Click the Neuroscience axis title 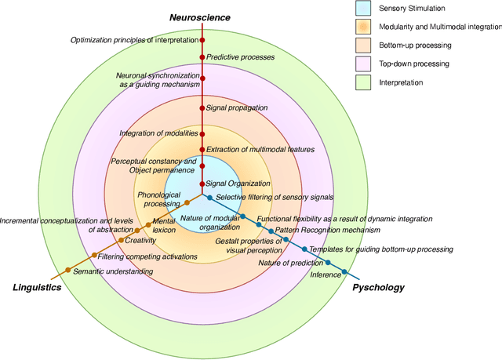202,17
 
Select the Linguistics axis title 37,287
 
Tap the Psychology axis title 378,287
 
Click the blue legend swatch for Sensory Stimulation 363,9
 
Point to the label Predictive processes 240,57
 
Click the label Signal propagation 237,107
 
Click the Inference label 326,275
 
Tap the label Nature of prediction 291,263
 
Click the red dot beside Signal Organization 202,184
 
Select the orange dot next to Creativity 120,240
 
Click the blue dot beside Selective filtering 209,197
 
